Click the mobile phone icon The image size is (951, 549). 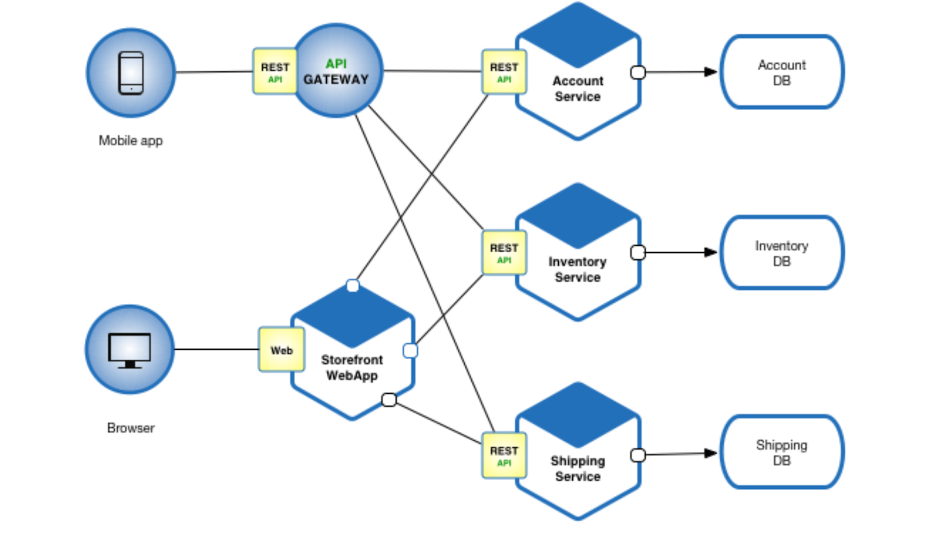(x=131, y=73)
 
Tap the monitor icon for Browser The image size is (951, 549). (x=130, y=350)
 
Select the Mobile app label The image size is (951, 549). (x=131, y=141)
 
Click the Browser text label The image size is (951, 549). (x=131, y=428)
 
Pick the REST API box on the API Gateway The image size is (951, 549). (x=275, y=72)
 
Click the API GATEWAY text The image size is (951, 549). (x=336, y=72)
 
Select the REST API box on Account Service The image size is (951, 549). (x=504, y=72)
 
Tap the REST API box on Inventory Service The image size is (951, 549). (x=504, y=253)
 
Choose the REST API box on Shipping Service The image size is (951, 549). (x=504, y=456)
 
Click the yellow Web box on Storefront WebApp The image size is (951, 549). (x=282, y=350)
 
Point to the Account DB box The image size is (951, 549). (x=782, y=73)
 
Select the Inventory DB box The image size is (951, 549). (x=782, y=253)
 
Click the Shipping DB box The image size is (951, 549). (x=782, y=453)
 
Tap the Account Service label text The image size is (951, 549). (x=578, y=89)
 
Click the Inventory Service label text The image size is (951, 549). (x=578, y=269)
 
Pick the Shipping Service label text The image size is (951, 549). (x=578, y=469)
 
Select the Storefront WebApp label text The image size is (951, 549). (x=352, y=368)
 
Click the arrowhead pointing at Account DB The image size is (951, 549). (x=710, y=72)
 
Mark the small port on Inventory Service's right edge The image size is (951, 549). (x=638, y=253)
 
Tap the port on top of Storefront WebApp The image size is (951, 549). (x=352, y=286)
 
